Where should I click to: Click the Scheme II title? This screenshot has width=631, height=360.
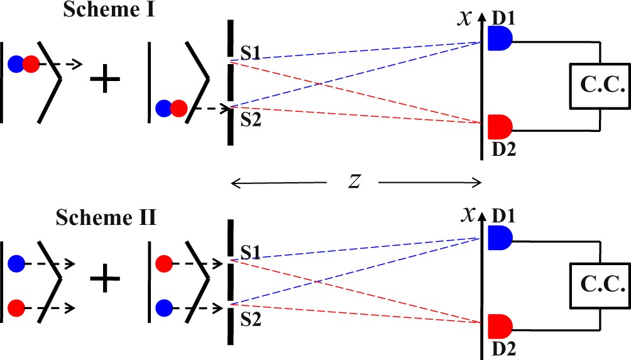coord(106,219)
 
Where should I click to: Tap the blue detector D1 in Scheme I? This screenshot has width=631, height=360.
coord(500,39)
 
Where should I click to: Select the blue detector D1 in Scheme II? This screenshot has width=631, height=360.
coord(500,237)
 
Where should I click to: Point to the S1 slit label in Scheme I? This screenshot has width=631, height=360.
coord(251,50)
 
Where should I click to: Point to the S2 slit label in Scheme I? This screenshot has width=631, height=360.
coord(251,119)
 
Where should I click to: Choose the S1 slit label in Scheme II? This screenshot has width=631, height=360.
coord(251,251)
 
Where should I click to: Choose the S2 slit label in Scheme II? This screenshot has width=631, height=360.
coord(251,320)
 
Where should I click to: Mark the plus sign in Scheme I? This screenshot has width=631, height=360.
coord(105,80)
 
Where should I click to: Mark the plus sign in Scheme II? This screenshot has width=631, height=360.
coord(105,278)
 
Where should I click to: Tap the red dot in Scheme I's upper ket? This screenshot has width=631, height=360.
coord(30,63)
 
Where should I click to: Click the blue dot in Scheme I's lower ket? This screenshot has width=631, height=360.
coord(163,108)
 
